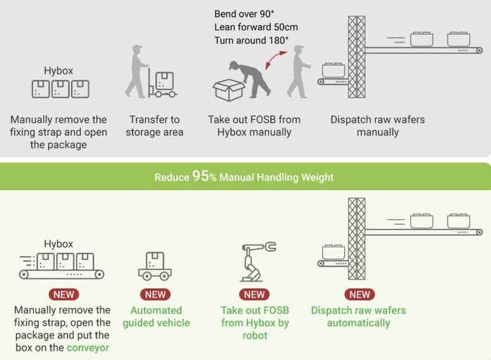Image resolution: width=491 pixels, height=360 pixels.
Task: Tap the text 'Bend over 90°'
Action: (244, 14)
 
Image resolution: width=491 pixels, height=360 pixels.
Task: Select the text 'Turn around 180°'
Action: (251, 41)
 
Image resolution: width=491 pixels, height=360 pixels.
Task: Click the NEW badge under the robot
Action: (254, 295)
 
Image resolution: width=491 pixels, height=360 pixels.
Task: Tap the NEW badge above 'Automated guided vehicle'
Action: (156, 295)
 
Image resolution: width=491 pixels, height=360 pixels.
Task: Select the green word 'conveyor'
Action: (88, 347)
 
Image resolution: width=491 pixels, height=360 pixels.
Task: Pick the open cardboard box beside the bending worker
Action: (229, 88)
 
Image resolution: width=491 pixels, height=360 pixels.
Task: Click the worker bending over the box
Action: (251, 76)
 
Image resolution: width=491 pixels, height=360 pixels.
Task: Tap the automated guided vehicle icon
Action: (156, 266)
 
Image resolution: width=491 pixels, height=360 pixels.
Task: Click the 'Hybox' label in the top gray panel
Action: (58, 71)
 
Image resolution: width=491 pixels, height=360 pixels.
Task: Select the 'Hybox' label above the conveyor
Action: (58, 244)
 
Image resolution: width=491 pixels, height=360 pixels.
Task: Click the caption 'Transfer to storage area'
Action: (156, 126)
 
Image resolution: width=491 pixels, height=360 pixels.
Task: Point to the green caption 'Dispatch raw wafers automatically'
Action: (358, 316)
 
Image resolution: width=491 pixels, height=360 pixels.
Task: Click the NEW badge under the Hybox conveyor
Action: (60, 295)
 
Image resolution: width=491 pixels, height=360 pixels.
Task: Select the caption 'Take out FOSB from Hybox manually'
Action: (254, 126)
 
